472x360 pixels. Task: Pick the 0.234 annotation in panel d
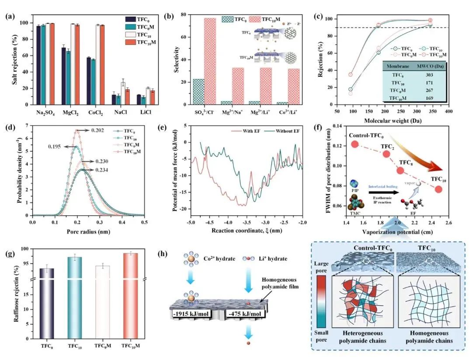pyautogui.click(x=98, y=171)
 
